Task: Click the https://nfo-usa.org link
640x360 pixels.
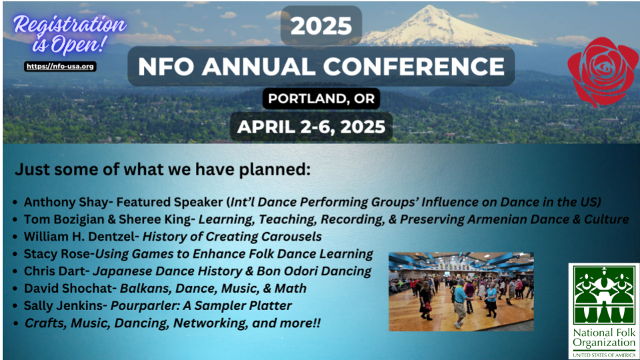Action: point(60,66)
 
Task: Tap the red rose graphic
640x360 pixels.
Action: point(603,72)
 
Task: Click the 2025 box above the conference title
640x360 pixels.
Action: point(321,25)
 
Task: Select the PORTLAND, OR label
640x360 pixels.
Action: point(321,99)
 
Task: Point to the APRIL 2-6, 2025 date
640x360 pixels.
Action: point(311,127)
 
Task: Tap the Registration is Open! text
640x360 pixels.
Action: point(69,34)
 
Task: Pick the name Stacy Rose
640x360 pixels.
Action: point(56,254)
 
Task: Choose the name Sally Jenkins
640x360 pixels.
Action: point(63,306)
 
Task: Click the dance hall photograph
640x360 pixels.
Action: point(461,291)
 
